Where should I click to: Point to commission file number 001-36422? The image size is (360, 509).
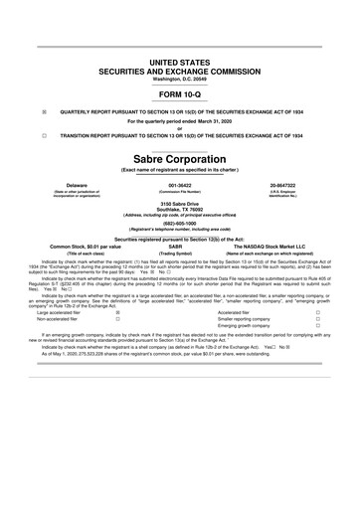(180, 185)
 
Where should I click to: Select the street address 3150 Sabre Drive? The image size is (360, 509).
(180, 204)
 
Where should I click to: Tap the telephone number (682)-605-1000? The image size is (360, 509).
(180, 224)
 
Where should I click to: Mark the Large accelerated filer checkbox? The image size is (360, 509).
(117, 312)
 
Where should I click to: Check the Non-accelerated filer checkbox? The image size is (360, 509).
(117, 319)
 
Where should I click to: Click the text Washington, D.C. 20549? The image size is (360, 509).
(180, 78)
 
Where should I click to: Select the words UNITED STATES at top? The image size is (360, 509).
(180, 63)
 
